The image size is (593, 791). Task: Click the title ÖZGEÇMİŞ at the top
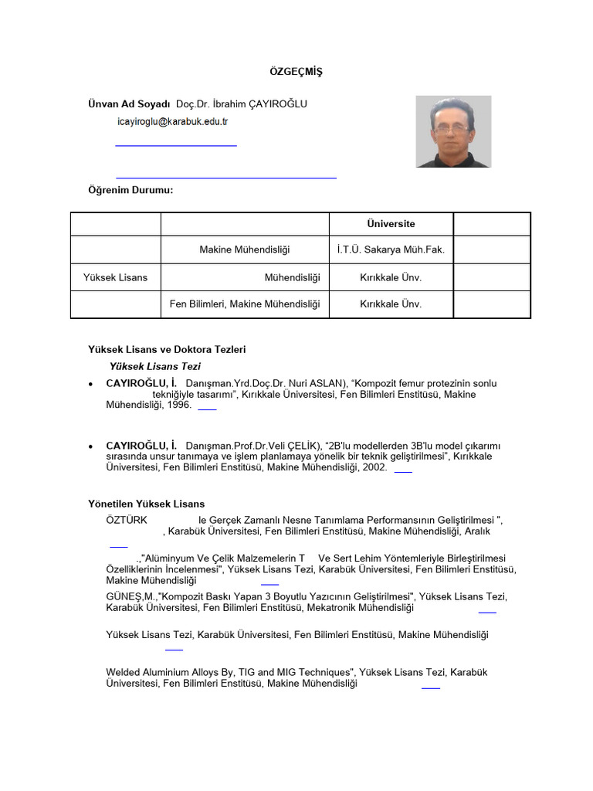[296, 72]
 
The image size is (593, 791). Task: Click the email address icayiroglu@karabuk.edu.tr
[172, 122]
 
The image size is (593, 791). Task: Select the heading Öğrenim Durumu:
[130, 190]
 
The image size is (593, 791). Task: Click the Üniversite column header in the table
[391, 224]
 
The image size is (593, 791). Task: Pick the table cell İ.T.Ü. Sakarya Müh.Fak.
[391, 250]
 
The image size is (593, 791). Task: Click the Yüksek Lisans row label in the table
[115, 277]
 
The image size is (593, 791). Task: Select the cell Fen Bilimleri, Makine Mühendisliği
[245, 304]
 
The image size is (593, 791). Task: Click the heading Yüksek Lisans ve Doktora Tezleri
[167, 350]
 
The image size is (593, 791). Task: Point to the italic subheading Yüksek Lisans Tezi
[155, 366]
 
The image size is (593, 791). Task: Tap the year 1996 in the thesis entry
[178, 405]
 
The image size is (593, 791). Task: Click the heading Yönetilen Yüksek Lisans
[147, 504]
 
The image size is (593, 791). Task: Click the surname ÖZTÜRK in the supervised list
[126, 520]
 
